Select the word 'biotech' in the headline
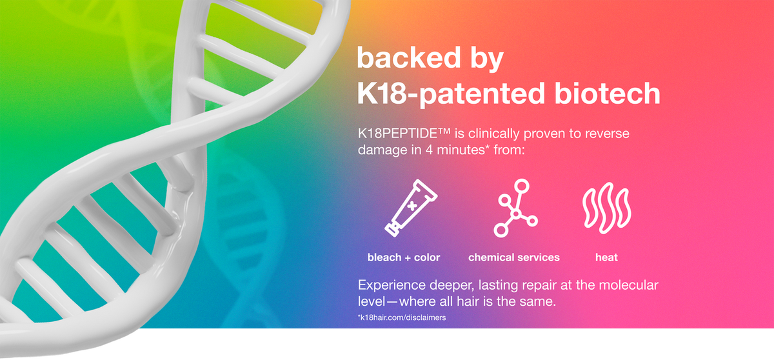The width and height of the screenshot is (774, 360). pos(607,94)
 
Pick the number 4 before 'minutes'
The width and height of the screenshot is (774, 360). pos(429,150)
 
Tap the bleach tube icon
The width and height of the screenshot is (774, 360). pos(412,208)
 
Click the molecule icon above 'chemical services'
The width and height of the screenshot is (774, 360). pos(515,208)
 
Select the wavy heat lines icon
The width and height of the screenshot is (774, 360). pos(607,208)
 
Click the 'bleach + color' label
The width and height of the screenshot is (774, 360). pos(404,257)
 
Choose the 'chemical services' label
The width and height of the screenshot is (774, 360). pos(514,257)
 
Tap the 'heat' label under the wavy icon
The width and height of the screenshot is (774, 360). pos(606,257)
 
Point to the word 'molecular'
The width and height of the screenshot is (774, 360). pos(628,285)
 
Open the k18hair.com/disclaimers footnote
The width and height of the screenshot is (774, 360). pos(402,317)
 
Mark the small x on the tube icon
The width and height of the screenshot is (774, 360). pos(412,206)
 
